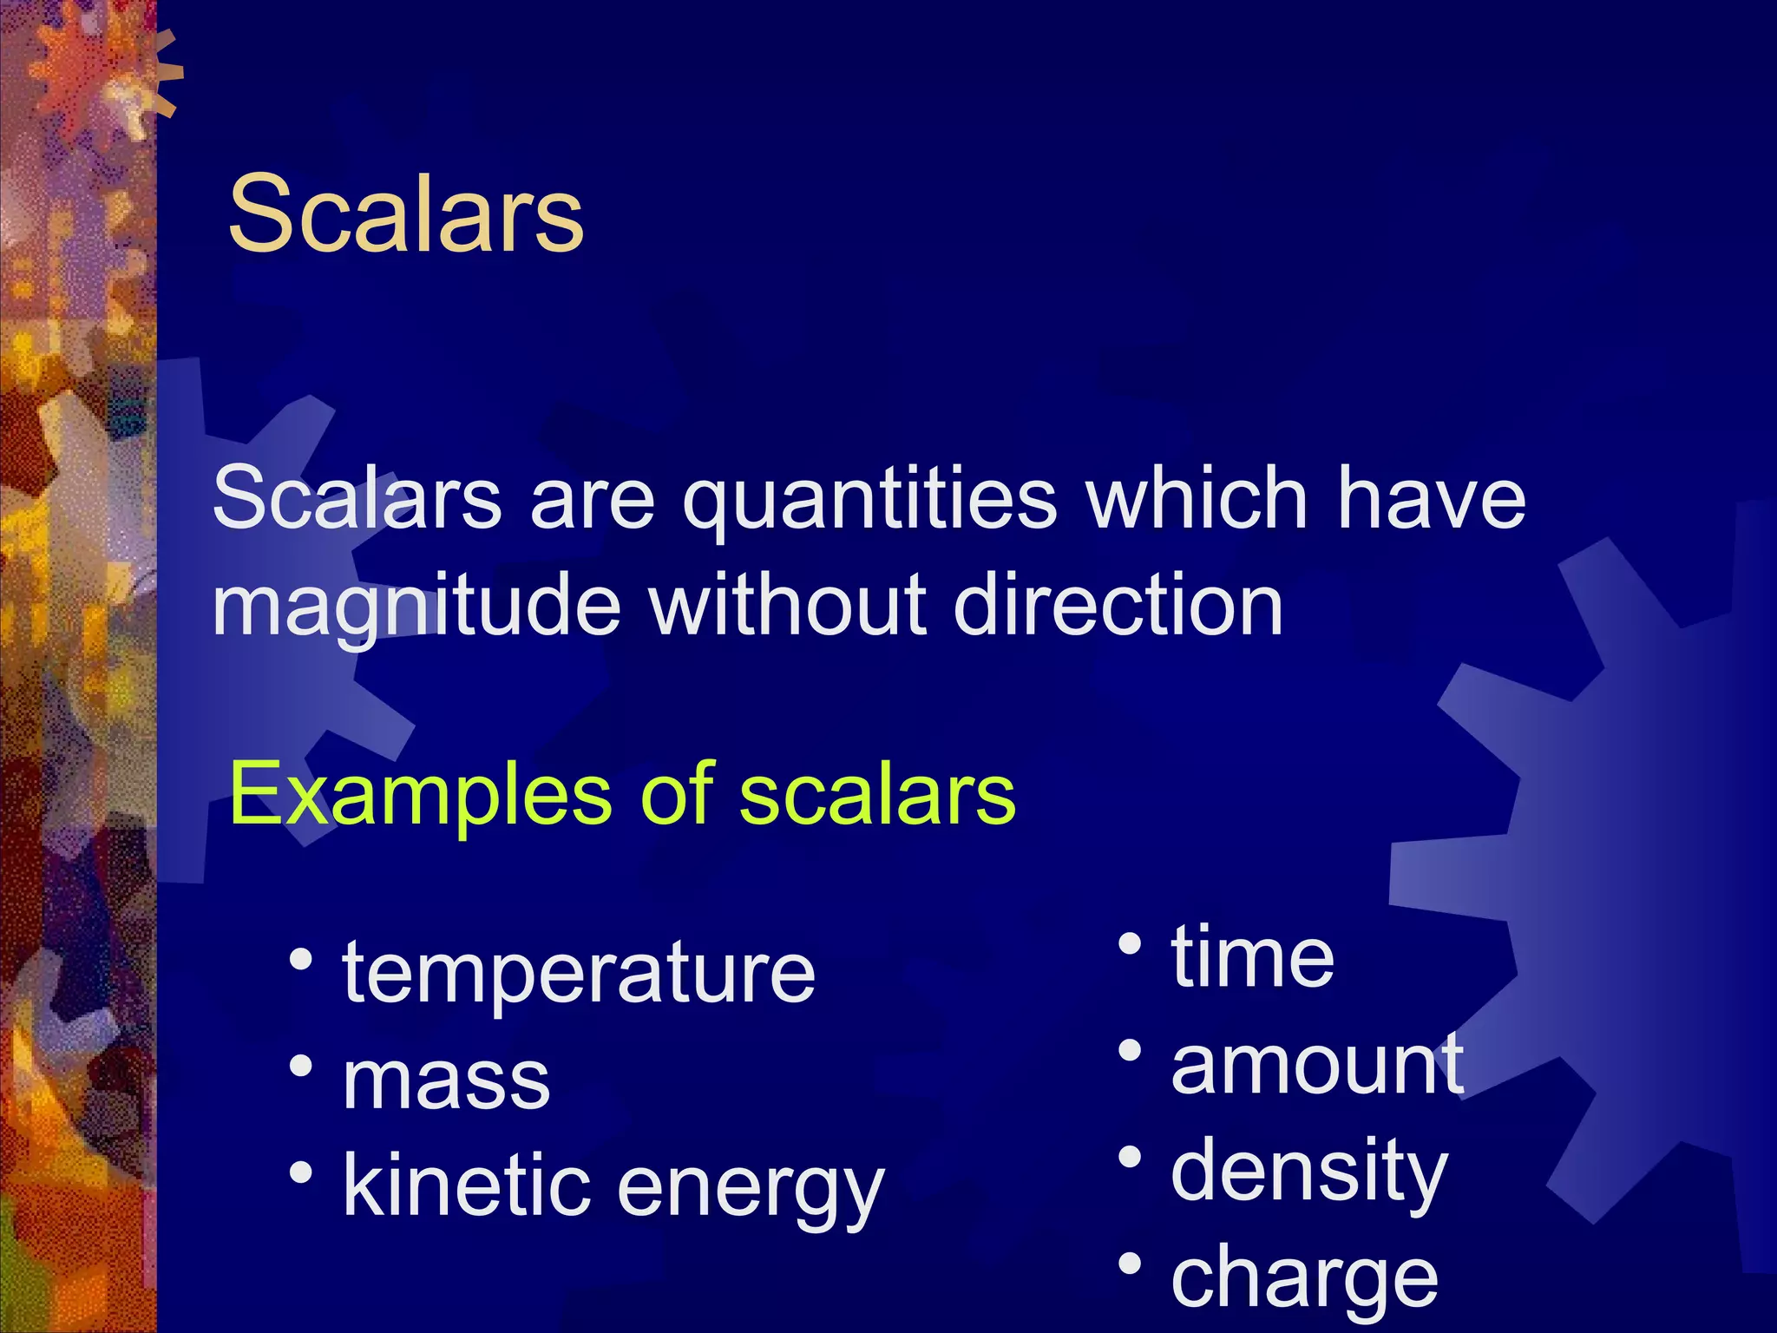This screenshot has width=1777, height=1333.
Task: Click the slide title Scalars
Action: click(406, 213)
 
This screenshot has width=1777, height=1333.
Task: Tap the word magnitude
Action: click(416, 607)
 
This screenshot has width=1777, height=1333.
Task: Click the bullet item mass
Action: click(446, 1081)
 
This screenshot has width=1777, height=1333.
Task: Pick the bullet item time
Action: click(1252, 958)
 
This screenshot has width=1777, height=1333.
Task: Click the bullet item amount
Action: click(1317, 1066)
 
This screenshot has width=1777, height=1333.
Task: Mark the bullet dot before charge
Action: click(1130, 1264)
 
